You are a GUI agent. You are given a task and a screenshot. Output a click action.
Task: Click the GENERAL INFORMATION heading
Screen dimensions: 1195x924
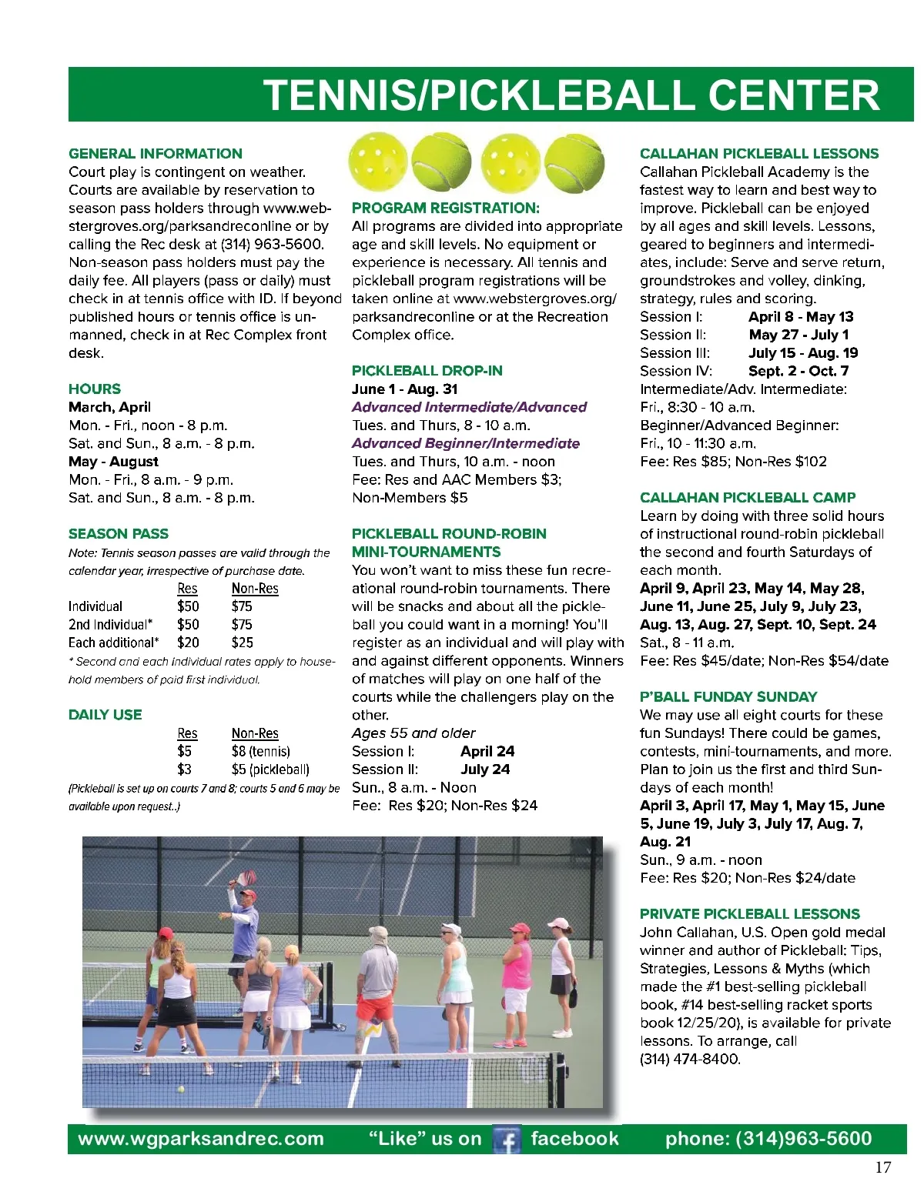pos(155,153)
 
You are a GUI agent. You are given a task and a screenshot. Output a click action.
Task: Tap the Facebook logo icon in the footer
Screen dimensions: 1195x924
pos(507,1140)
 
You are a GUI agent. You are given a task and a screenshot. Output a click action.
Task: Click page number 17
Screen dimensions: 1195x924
pos(882,1167)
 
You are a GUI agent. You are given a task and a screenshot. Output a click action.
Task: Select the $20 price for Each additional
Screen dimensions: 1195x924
pos(188,643)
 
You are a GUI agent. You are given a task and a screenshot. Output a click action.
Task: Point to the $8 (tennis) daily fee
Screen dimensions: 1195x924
pos(260,751)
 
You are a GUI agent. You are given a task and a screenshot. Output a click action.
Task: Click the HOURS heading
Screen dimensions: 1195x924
pos(95,389)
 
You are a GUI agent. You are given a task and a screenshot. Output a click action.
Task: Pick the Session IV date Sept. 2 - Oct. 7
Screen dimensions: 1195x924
pos(798,371)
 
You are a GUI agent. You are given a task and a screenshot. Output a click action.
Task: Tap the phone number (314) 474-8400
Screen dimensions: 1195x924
pos(690,1059)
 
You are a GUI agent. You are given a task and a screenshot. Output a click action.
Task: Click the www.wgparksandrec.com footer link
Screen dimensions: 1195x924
pos(201,1139)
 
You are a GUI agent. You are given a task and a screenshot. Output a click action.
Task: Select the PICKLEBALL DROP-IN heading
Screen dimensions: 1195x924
pos(427,370)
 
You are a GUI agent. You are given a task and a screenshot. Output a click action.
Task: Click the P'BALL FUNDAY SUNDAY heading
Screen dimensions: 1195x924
pos(728,696)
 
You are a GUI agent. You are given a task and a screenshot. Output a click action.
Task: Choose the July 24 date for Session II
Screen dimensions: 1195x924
pos(485,769)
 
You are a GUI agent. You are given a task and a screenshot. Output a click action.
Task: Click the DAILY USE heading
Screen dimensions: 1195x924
pos(105,714)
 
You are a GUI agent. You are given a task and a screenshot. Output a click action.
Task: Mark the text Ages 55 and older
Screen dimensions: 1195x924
pos(413,733)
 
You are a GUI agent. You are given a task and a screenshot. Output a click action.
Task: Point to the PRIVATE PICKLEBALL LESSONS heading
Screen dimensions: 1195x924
pos(749,913)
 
